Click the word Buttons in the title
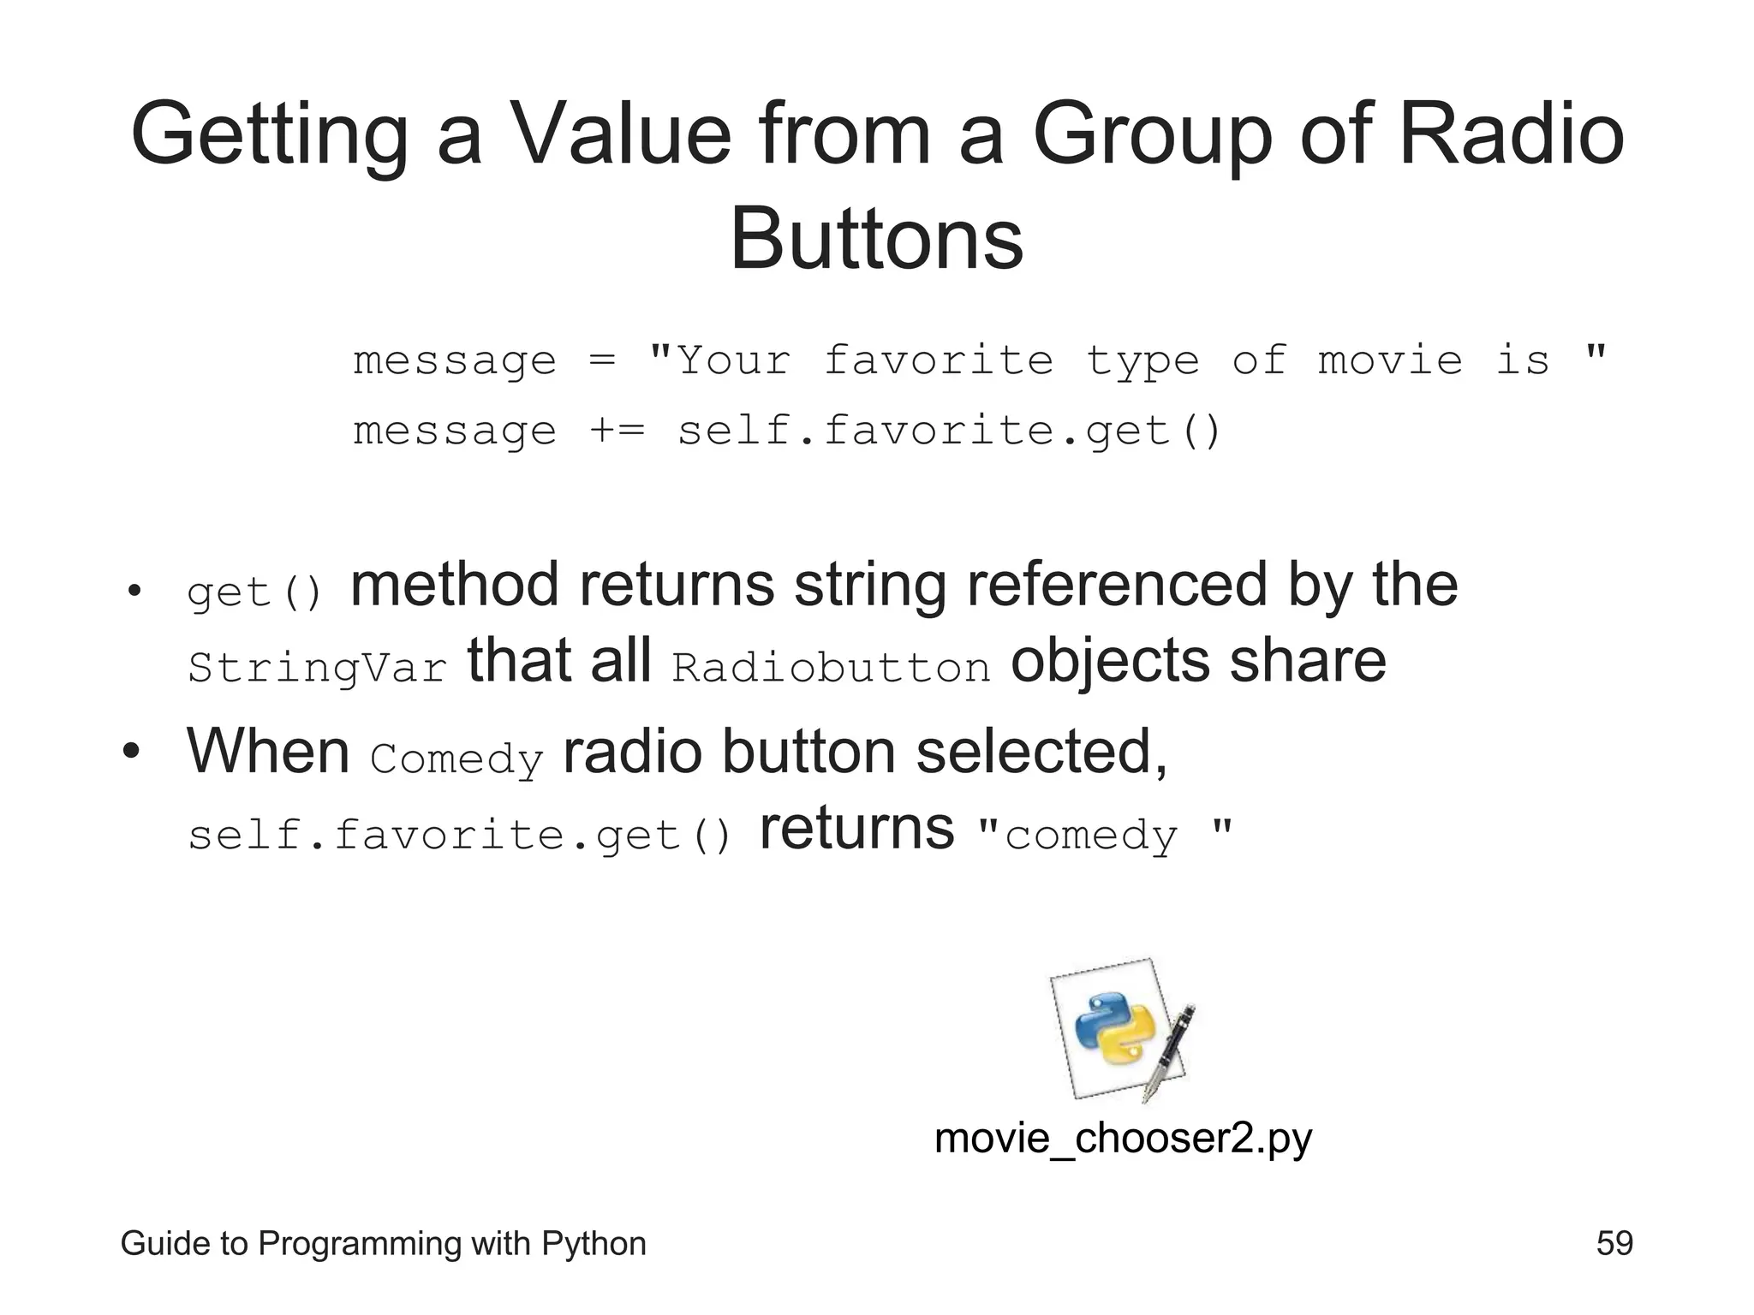tap(876, 239)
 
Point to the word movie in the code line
tap(1390, 360)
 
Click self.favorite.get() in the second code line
tap(949, 431)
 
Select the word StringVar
tap(317, 668)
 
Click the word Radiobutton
tap(831, 668)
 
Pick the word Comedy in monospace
tap(456, 759)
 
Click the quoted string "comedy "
tap(1105, 835)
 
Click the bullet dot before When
tap(131, 752)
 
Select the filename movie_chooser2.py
tap(1123, 1139)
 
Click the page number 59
tap(1614, 1243)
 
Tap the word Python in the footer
tap(594, 1243)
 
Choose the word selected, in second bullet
tap(1041, 752)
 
